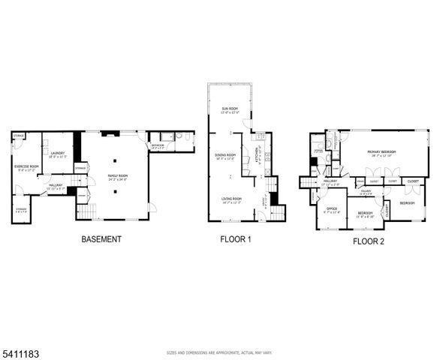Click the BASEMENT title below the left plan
point(101,239)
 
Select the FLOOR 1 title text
point(235,240)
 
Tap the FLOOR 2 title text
point(368,241)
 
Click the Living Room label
point(231,199)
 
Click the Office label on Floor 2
point(331,209)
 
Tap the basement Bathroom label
point(157,145)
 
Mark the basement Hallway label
point(56,185)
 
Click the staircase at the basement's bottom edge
point(88,213)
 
